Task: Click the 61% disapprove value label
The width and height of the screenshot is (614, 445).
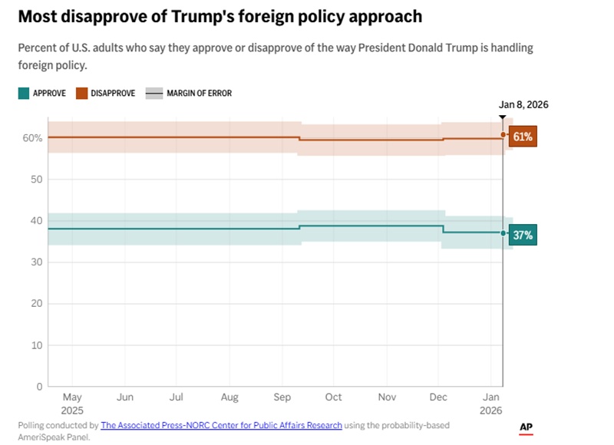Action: (523, 137)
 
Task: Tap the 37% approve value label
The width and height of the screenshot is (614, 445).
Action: (523, 236)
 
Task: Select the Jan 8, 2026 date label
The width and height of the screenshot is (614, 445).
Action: (523, 105)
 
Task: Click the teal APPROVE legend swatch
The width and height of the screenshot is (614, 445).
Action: (23, 94)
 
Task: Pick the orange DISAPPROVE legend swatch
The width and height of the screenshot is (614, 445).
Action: (81, 94)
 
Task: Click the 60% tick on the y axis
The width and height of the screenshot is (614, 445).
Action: (32, 138)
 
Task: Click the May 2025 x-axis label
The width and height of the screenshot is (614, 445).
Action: (71, 404)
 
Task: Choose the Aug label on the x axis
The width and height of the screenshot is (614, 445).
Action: (229, 397)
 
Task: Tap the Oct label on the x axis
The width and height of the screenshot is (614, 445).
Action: (333, 397)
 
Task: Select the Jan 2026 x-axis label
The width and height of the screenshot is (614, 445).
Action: (491, 404)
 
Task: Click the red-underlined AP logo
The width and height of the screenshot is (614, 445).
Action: (526, 428)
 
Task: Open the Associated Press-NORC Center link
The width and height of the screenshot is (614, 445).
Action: (221, 425)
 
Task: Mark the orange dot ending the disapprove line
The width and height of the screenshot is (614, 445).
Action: (503, 135)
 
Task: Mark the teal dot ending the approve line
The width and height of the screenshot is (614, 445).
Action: (503, 233)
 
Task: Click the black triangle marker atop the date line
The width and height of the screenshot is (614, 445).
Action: (503, 118)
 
